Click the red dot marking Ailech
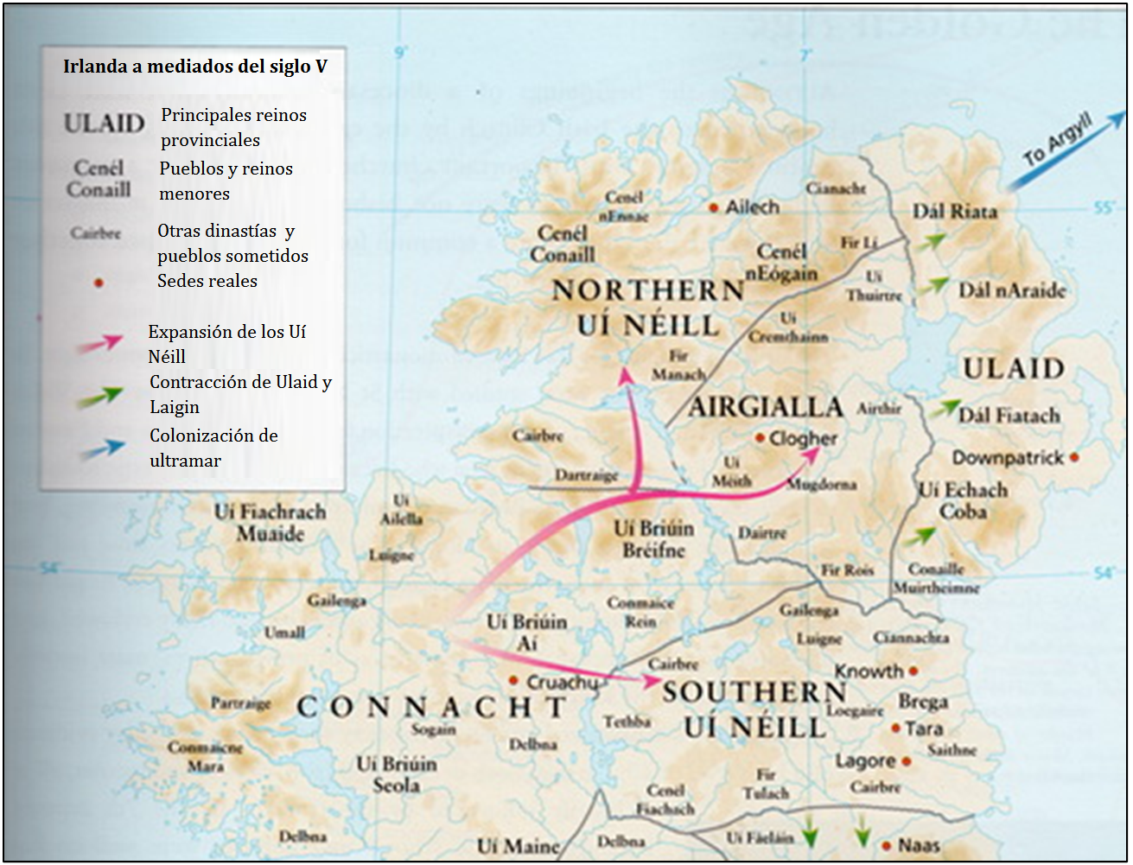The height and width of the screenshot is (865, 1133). click(x=714, y=208)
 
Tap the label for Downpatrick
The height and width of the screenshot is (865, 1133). click(x=1008, y=457)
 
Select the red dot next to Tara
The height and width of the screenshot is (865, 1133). click(x=896, y=729)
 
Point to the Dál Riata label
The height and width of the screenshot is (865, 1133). click(x=955, y=212)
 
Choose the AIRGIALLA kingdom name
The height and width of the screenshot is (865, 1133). click(x=765, y=407)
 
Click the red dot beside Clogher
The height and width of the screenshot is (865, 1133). click(x=760, y=439)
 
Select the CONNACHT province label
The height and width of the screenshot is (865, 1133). click(x=431, y=708)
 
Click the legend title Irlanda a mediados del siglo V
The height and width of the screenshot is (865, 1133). click(x=195, y=67)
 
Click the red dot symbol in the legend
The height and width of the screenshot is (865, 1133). click(x=99, y=283)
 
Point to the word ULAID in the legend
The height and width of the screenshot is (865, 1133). click(x=104, y=124)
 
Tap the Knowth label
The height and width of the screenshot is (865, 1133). click(x=869, y=671)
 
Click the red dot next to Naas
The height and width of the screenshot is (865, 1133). click(x=886, y=846)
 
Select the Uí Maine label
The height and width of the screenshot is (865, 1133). click(x=518, y=846)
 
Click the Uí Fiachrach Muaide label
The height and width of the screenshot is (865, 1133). click(x=271, y=523)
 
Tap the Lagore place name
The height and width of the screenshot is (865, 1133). click(x=865, y=761)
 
